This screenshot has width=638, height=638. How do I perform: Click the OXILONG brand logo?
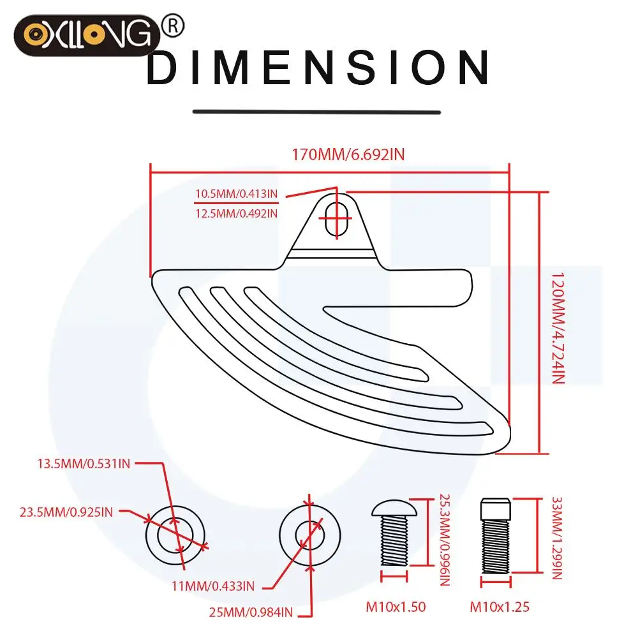tap(87, 35)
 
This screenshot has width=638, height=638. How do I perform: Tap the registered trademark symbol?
tap(173, 26)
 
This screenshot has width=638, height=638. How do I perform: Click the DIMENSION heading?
tap(318, 68)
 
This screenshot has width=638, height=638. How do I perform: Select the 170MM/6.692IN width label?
tap(348, 154)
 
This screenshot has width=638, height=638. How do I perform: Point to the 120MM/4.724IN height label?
tap(558, 329)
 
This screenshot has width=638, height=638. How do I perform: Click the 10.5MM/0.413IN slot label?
tap(237, 194)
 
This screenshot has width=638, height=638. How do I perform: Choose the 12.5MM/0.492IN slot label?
tap(237, 213)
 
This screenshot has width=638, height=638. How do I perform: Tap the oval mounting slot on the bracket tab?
tap(337, 219)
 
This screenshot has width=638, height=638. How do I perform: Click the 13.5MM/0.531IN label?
tap(84, 464)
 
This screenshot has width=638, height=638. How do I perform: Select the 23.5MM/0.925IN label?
tap(66, 512)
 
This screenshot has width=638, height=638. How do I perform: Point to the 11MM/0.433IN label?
tap(213, 586)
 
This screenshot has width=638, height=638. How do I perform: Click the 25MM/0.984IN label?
tap(251, 612)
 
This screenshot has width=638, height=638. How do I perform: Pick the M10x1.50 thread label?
tap(396, 607)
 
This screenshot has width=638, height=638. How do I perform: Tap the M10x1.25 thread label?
tap(500, 607)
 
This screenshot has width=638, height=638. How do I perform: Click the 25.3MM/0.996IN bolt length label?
tap(445, 540)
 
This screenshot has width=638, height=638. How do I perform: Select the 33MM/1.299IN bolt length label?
tap(556, 538)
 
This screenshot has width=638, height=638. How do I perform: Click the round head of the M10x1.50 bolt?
tap(394, 508)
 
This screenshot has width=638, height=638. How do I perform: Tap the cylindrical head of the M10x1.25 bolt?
tap(496, 509)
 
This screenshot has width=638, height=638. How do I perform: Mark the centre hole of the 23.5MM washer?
tap(175, 535)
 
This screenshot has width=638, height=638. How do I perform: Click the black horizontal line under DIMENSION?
tap(316, 112)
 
